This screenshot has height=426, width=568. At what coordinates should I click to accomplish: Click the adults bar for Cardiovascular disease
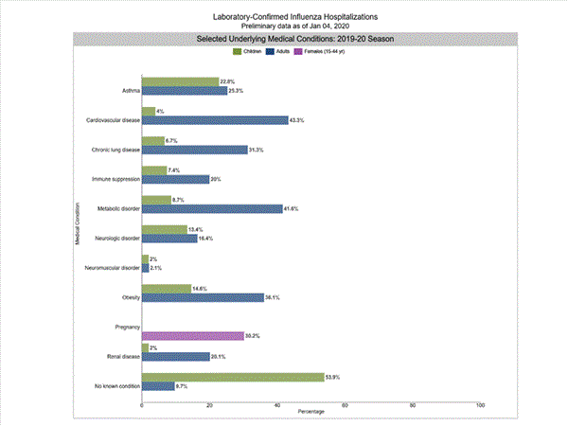coord(215,120)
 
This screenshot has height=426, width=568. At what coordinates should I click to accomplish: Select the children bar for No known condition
coord(233,377)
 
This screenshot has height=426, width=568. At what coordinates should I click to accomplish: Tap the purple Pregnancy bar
coord(192,335)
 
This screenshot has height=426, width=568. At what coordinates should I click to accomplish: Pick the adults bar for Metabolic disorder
coord(212,208)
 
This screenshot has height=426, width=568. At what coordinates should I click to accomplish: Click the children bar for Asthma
coord(180,82)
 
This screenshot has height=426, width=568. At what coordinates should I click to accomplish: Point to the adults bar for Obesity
coord(203,297)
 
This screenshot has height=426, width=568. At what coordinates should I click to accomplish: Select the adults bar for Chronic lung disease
coord(194,150)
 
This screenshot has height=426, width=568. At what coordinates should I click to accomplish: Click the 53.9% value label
coord(334,377)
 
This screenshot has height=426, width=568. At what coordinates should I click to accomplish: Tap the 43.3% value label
coord(301,120)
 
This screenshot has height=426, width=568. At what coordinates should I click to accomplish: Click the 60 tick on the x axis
coord(345,404)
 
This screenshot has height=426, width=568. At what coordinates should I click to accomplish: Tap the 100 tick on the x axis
coord(480,404)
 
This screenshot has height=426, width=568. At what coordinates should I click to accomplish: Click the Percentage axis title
coord(311,412)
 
